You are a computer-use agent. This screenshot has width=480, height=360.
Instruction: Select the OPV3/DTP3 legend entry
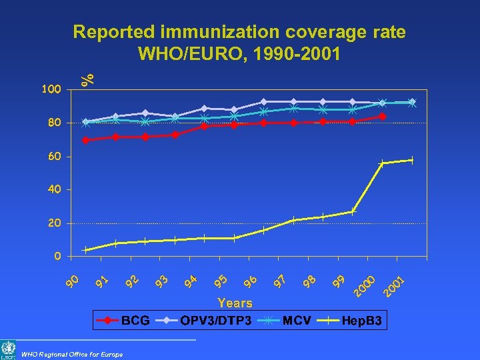pos(207,321)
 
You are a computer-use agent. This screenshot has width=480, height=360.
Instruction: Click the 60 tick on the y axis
pos(53,156)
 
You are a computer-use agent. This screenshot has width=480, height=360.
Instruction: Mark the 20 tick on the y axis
pos(53,223)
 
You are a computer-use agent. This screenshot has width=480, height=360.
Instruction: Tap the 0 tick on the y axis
pos(57,256)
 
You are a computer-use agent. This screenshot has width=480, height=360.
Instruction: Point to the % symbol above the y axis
pos(87,71)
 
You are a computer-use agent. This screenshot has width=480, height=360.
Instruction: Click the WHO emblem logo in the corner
pos(9,350)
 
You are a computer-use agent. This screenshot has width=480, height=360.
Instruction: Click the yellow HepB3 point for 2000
pos(382,163)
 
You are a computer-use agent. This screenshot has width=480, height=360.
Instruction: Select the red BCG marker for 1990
pos(85,140)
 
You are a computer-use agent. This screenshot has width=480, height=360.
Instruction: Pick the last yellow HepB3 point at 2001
pos(412,160)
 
